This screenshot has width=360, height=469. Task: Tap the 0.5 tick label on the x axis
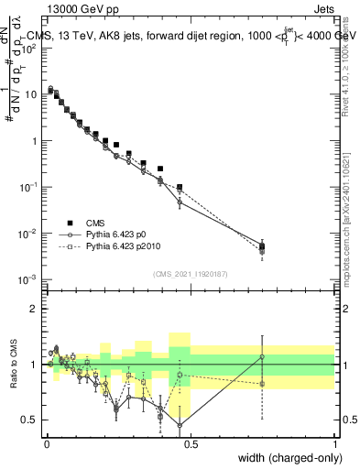pyautogui.click(x=191, y=442)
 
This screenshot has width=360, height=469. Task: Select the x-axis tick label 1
pyautogui.click(x=335, y=442)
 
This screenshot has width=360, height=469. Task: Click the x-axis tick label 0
pyautogui.click(x=47, y=442)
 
